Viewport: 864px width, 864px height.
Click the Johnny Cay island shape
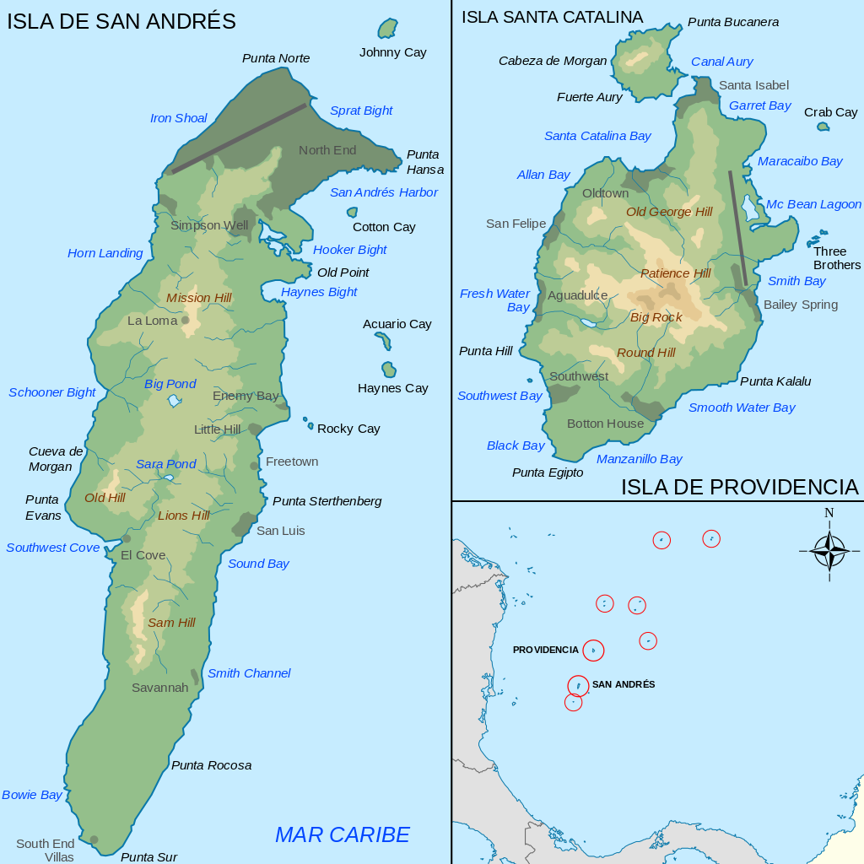pyautogui.click(x=387, y=29)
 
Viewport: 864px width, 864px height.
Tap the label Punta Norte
pyautogui.click(x=276, y=58)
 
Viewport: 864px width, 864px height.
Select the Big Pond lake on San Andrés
pyautogui.click(x=175, y=400)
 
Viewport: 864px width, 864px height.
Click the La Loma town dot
pyautogui.click(x=186, y=320)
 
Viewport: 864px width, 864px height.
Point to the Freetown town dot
pyautogui.click(x=254, y=466)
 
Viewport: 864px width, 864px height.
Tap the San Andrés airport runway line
pyautogui.click(x=239, y=138)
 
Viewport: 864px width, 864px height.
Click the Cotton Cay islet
pyautogui.click(x=352, y=213)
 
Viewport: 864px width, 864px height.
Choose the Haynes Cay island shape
pyautogui.click(x=389, y=370)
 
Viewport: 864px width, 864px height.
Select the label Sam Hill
pyautogui.click(x=171, y=623)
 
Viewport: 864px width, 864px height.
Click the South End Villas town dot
pyautogui.click(x=94, y=840)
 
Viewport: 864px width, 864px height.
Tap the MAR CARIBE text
pyautogui.click(x=342, y=834)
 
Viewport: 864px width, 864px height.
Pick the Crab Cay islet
pyautogui.click(x=823, y=127)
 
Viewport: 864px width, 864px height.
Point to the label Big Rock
pyautogui.click(x=656, y=317)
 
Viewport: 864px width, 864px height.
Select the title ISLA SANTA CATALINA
pyautogui.click(x=552, y=17)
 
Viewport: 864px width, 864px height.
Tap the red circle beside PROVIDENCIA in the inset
pyautogui.click(x=593, y=651)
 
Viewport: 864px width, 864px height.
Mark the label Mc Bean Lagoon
pyautogui.click(x=813, y=204)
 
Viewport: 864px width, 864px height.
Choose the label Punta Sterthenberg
pyautogui.click(x=327, y=501)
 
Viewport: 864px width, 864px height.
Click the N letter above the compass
pyautogui.click(x=829, y=513)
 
